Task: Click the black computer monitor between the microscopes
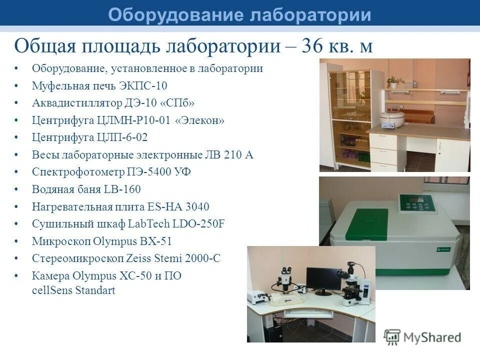click(322, 279)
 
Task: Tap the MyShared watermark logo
click(422, 337)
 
